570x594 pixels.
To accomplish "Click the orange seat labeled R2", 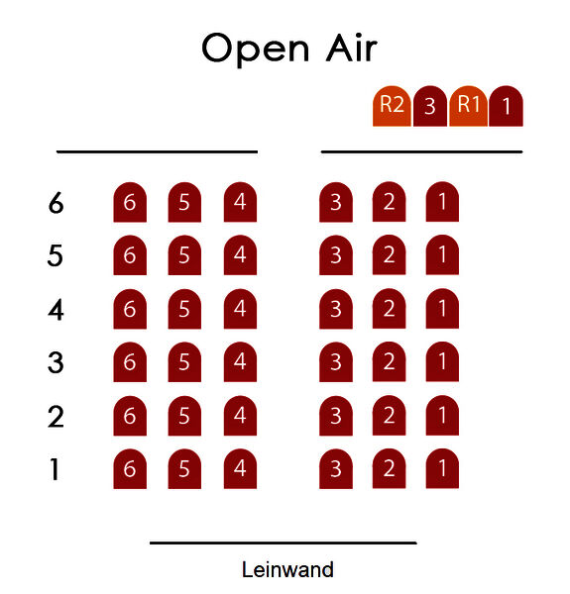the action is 392,106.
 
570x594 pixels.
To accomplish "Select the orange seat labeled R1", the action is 468,106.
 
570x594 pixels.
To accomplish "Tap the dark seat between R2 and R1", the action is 430,106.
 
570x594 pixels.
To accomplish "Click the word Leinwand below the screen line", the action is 287,570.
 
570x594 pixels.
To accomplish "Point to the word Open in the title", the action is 256,49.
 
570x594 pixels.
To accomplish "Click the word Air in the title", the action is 352,48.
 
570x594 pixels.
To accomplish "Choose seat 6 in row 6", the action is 130,202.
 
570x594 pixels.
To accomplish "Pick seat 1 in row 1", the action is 442,468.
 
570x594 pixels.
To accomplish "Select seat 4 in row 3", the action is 240,361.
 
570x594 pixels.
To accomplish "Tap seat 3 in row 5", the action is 336,255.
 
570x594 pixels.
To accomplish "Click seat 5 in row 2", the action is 184,416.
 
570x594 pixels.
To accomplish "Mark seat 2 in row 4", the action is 390,308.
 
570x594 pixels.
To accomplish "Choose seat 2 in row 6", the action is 390,202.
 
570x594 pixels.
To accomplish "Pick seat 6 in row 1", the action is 130,469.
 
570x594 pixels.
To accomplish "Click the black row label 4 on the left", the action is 56,310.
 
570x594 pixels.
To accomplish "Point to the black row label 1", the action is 55,469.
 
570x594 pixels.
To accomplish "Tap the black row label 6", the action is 56,203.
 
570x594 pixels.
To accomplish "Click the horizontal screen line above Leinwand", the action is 284,543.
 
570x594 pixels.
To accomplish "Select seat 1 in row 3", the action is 442,361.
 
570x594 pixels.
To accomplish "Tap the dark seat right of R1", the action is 507,106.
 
